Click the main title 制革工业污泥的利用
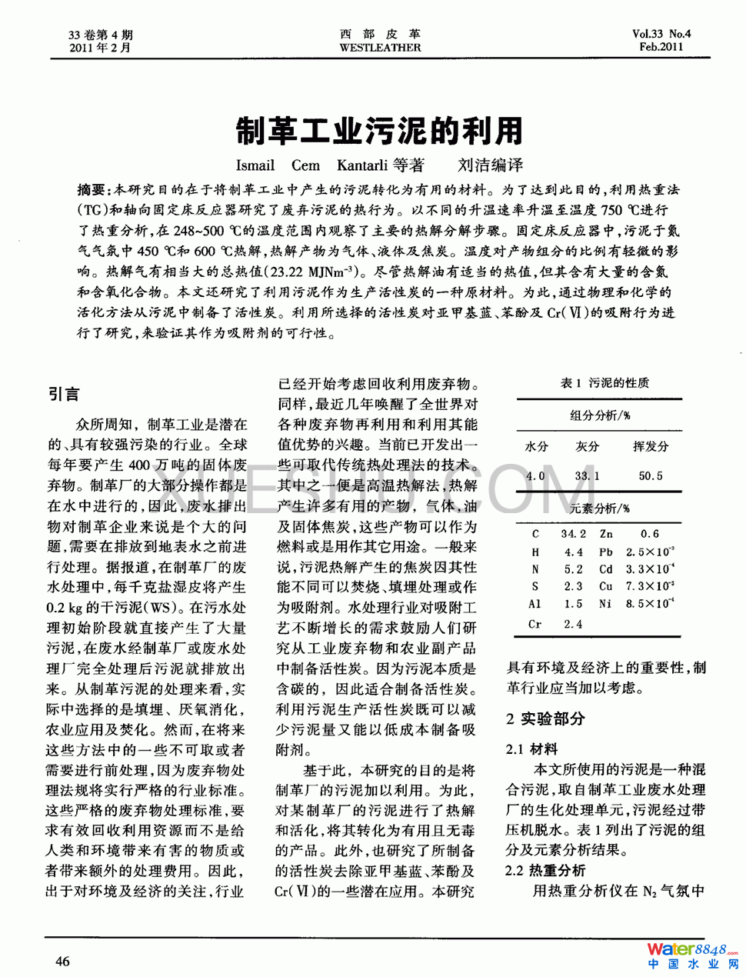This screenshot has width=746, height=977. tap(379, 132)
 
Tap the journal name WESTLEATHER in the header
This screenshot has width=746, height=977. tap(380, 48)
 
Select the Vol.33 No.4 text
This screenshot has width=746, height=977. tap(661, 34)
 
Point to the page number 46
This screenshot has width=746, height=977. tap(62, 961)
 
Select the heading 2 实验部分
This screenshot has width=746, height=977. tap(545, 719)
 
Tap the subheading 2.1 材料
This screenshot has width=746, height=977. tap(531, 749)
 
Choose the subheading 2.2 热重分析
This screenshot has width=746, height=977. tap(545, 870)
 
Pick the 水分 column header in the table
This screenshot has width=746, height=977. tap(536, 446)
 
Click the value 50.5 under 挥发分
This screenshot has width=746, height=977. tap(650, 475)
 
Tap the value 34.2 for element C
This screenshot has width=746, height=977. tap(573, 533)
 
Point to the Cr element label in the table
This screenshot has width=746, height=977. tap(535, 624)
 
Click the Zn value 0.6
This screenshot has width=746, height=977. tap(650, 533)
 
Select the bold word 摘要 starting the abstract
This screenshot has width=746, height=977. tap(92, 189)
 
